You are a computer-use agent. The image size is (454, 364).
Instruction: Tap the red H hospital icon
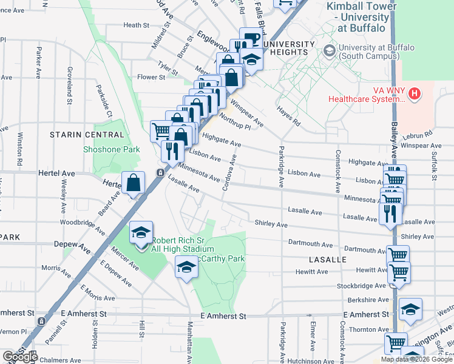[x=414, y=93]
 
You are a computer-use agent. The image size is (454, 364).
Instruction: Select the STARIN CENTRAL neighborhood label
[x=87, y=134]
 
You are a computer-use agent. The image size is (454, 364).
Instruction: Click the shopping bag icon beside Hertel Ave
[x=133, y=183]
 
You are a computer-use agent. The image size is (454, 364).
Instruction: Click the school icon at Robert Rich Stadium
[x=140, y=233]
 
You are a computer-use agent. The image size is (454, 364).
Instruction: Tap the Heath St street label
[x=136, y=25]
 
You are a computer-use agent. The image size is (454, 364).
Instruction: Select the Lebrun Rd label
[x=419, y=133]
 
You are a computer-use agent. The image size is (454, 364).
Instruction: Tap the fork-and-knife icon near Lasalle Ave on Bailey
[x=389, y=213]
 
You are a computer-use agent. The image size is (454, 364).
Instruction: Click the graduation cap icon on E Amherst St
[x=411, y=310]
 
